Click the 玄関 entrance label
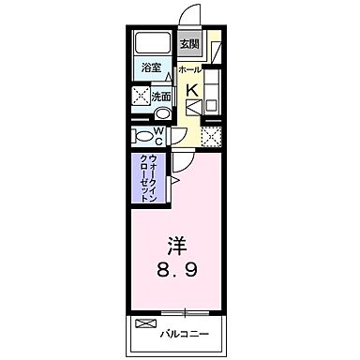pos(190,43)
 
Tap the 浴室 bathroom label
pos(150,68)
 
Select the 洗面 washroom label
pos(161,96)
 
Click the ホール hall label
pos(189,69)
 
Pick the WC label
pos(160,134)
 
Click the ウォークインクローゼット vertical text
pos(147,177)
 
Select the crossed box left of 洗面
pos(142,96)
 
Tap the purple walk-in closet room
pos(148,178)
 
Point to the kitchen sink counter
pos(212,94)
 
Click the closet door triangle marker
pos(174,177)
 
